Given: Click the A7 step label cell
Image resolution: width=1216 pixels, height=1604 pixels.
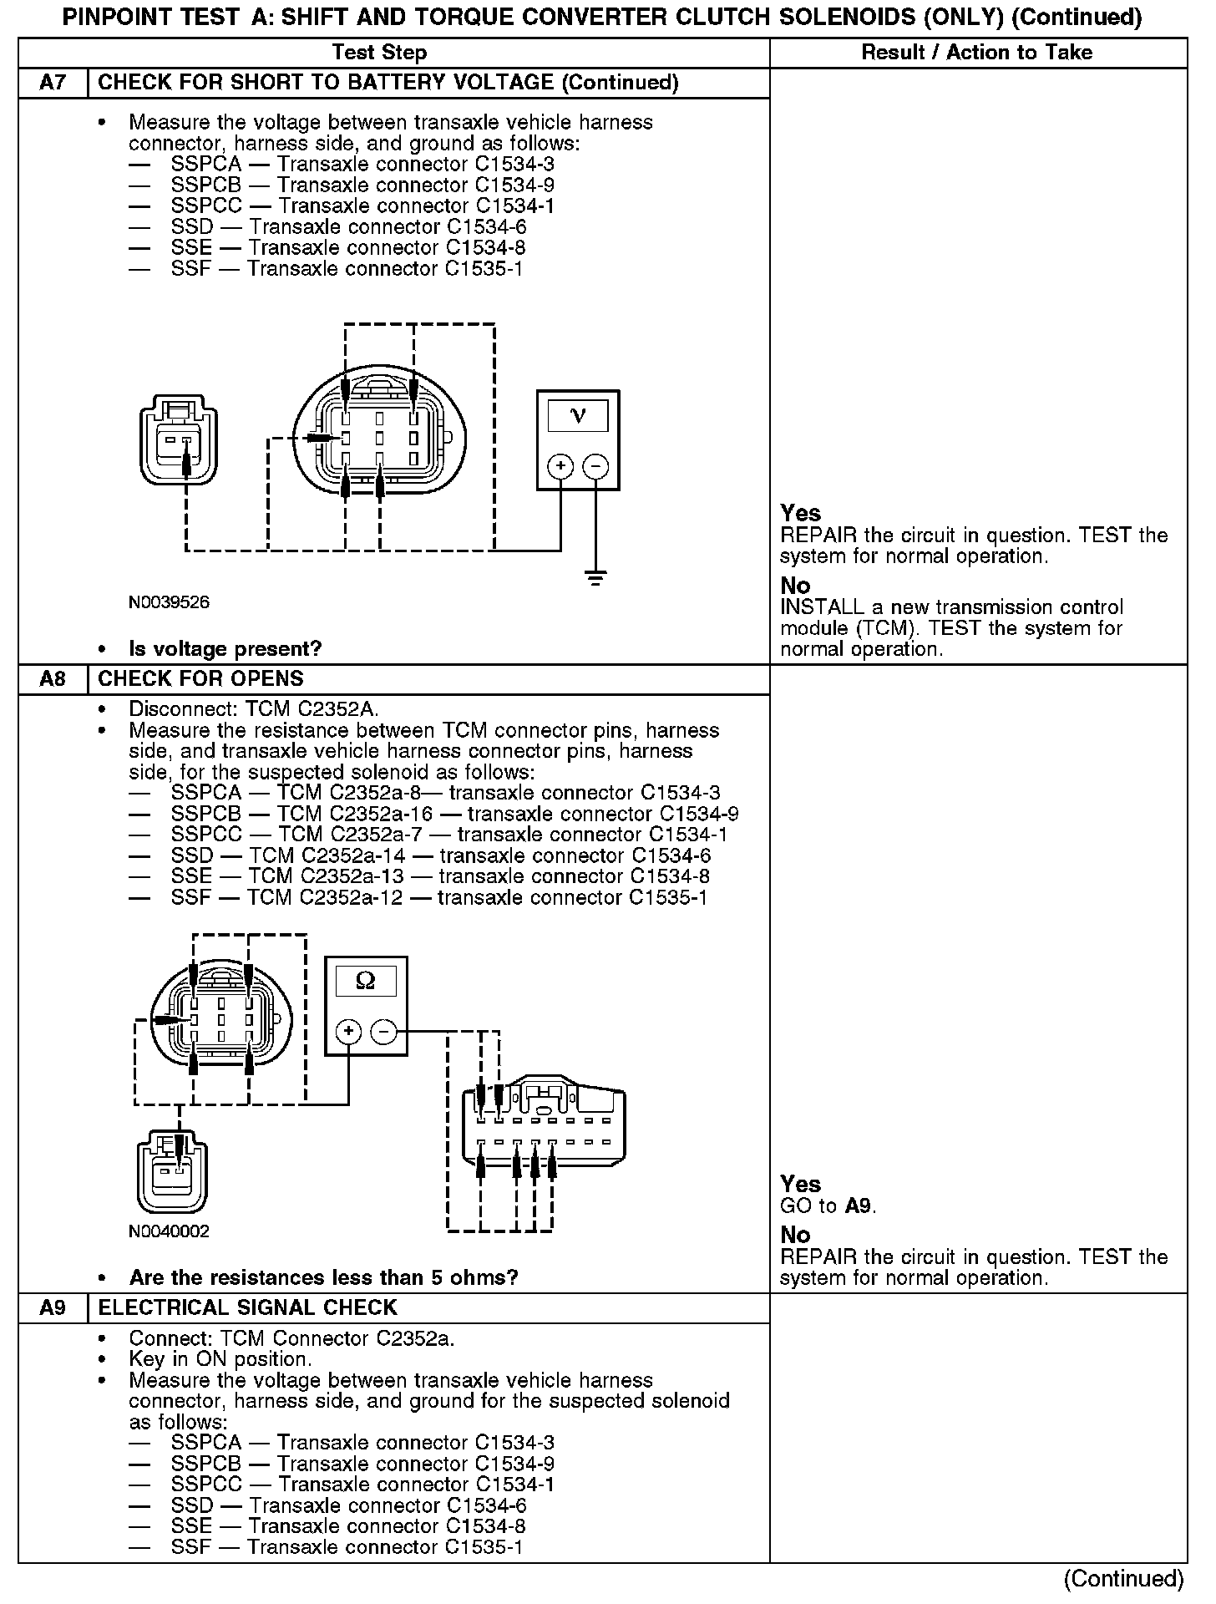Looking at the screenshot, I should point(53,83).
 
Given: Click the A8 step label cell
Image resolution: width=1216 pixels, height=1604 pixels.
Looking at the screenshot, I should point(53,678).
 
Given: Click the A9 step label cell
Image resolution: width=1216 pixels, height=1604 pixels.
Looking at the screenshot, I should point(53,1307).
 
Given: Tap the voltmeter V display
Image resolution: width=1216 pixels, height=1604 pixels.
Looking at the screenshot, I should point(577,415).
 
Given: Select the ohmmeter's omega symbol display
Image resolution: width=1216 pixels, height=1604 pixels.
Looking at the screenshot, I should point(366,980).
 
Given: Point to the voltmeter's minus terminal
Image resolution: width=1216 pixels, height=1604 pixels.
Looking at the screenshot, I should point(595,466).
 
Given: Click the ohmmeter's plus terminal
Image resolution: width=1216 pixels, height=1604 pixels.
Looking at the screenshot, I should point(348,1032).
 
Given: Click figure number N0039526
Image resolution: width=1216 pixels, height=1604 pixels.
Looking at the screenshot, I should point(169,601).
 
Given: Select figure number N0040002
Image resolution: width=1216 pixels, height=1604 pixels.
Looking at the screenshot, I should point(169,1231).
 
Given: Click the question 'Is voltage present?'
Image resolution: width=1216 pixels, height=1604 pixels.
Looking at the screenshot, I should point(225,648).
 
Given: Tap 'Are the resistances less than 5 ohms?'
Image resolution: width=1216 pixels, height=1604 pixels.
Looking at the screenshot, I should point(323,1277).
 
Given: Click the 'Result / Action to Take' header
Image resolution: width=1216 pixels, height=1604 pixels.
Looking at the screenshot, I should point(976,53).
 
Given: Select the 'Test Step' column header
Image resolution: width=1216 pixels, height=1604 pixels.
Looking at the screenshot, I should point(379,53).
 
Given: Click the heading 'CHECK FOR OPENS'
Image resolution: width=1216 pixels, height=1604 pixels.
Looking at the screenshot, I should point(200,678).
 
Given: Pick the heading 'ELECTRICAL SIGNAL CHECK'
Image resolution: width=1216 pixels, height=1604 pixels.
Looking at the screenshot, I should point(247,1307).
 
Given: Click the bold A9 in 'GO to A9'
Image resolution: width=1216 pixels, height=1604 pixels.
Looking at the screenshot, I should point(859,1206).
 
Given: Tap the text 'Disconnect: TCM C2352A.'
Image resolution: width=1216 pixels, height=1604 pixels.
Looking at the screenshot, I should point(253,709).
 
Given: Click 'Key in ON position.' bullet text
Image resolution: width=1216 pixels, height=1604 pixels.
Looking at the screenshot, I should point(220,1359).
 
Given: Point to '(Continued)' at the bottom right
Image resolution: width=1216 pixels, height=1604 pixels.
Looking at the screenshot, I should point(1123,1578).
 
